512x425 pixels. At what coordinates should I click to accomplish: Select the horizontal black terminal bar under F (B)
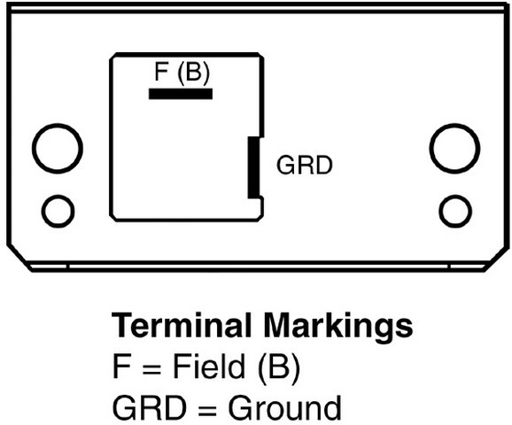[181, 94]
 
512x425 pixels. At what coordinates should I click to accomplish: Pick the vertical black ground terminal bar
[253, 167]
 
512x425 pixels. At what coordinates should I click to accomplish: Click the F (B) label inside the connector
[182, 72]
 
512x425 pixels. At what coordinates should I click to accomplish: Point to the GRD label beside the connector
[305, 166]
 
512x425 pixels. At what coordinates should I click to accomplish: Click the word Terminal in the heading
[182, 325]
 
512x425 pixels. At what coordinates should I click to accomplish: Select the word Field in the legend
[209, 366]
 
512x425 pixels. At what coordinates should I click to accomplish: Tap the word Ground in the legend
[284, 407]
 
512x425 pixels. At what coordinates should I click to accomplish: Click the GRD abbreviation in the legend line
[149, 407]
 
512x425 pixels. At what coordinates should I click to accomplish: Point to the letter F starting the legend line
[121, 366]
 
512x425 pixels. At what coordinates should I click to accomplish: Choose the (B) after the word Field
[278, 367]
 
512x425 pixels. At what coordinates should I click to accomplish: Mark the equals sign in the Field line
[151, 369]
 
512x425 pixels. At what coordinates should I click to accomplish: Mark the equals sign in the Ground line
[207, 411]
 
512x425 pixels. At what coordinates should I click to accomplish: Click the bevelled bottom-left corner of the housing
[19, 258]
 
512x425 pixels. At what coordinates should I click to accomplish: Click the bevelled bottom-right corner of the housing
[497, 259]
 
